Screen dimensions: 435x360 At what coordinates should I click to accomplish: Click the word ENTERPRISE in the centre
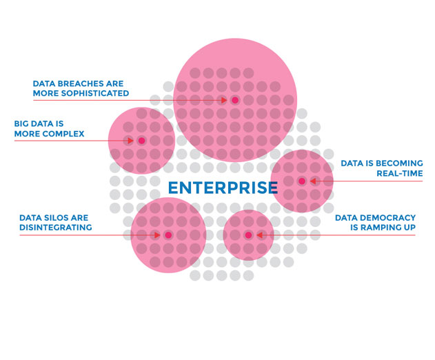[223, 188]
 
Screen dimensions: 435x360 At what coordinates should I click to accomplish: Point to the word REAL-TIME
[400, 174]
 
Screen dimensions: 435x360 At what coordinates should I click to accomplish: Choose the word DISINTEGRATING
[56, 228]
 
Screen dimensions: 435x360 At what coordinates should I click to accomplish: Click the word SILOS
[54, 218]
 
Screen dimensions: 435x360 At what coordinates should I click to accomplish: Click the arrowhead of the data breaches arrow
[224, 100]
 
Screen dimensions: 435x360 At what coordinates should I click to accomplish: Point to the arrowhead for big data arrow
[130, 141]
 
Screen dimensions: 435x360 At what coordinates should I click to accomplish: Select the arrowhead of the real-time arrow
[313, 181]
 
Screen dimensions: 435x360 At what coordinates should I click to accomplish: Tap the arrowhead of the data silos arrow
[157, 235]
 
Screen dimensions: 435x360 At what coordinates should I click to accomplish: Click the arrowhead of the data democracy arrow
[260, 235]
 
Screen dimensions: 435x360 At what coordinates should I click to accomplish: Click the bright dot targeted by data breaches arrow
[235, 100]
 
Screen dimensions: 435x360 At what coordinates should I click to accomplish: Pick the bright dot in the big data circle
[142, 141]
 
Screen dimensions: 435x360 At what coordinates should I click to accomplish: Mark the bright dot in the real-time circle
[302, 181]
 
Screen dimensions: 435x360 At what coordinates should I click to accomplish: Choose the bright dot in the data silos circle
[168, 235]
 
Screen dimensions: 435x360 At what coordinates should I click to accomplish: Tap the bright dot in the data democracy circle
[248, 235]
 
